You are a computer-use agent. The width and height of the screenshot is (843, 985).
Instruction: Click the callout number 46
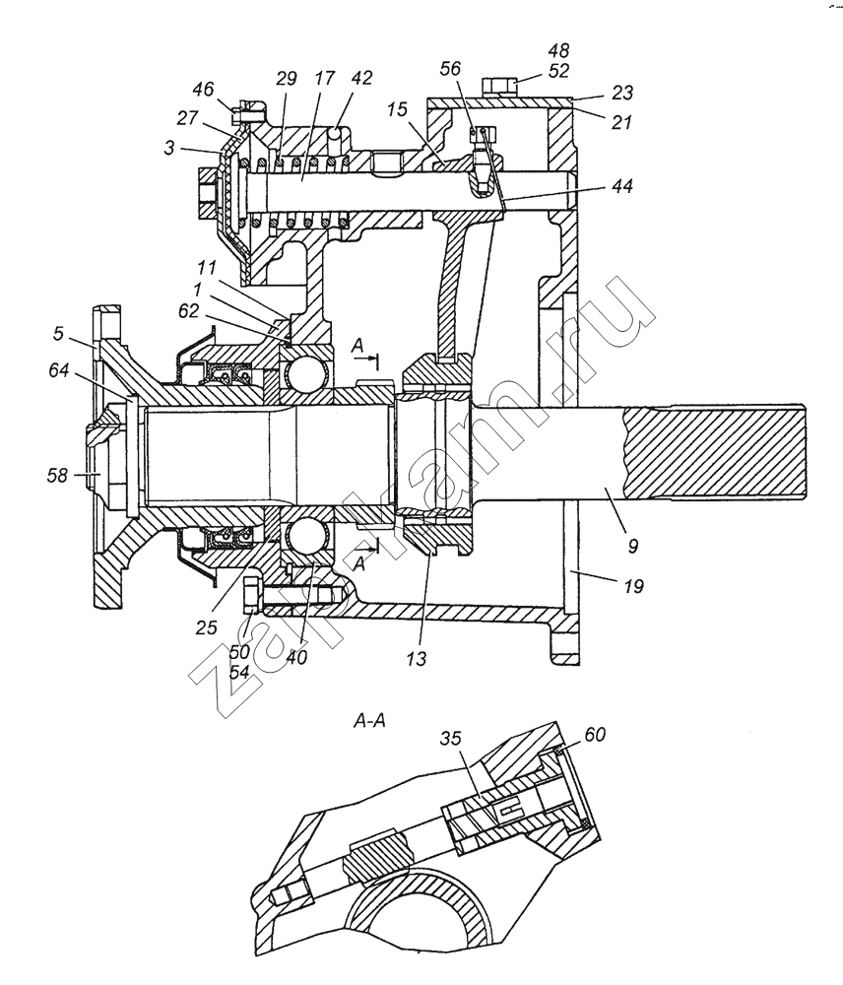pyautogui.click(x=204, y=90)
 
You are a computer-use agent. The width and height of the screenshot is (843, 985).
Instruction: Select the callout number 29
pyautogui.click(x=287, y=79)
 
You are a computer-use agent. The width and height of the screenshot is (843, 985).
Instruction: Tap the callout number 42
pyautogui.click(x=361, y=78)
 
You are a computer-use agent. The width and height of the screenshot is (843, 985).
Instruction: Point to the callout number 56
pyautogui.click(x=450, y=69)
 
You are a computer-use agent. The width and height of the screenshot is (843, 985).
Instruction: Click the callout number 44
pyautogui.click(x=621, y=186)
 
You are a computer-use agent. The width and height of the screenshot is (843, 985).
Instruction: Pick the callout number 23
pyautogui.click(x=621, y=93)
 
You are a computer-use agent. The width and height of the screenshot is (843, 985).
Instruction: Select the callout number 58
pyautogui.click(x=57, y=476)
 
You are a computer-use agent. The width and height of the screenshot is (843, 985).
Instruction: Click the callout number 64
pyautogui.click(x=61, y=371)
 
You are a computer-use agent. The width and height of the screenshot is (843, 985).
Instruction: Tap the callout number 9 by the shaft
pyautogui.click(x=632, y=547)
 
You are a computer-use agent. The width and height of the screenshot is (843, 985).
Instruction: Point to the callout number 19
pyautogui.click(x=633, y=587)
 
